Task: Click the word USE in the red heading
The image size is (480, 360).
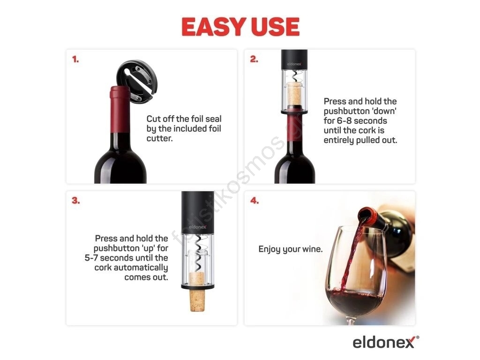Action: tap(275, 27)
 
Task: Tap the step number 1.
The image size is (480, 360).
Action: tap(75, 59)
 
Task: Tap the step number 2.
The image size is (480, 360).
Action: tap(254, 59)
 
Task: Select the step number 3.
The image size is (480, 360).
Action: tap(75, 201)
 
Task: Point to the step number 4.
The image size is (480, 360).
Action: tap(255, 201)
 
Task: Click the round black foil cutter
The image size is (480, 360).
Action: tap(137, 81)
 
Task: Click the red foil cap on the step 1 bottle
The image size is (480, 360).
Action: tap(120, 109)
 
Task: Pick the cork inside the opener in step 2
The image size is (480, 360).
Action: tap(294, 94)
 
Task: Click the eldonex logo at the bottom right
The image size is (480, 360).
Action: tap(386, 342)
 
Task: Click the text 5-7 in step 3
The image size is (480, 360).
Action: tap(91, 258)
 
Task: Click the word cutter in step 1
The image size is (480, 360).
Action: tap(159, 138)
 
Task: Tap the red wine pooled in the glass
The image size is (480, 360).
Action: tap(355, 301)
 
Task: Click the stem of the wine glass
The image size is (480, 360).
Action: tap(352, 321)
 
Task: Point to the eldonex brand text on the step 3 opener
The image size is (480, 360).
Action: tap(197, 227)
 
